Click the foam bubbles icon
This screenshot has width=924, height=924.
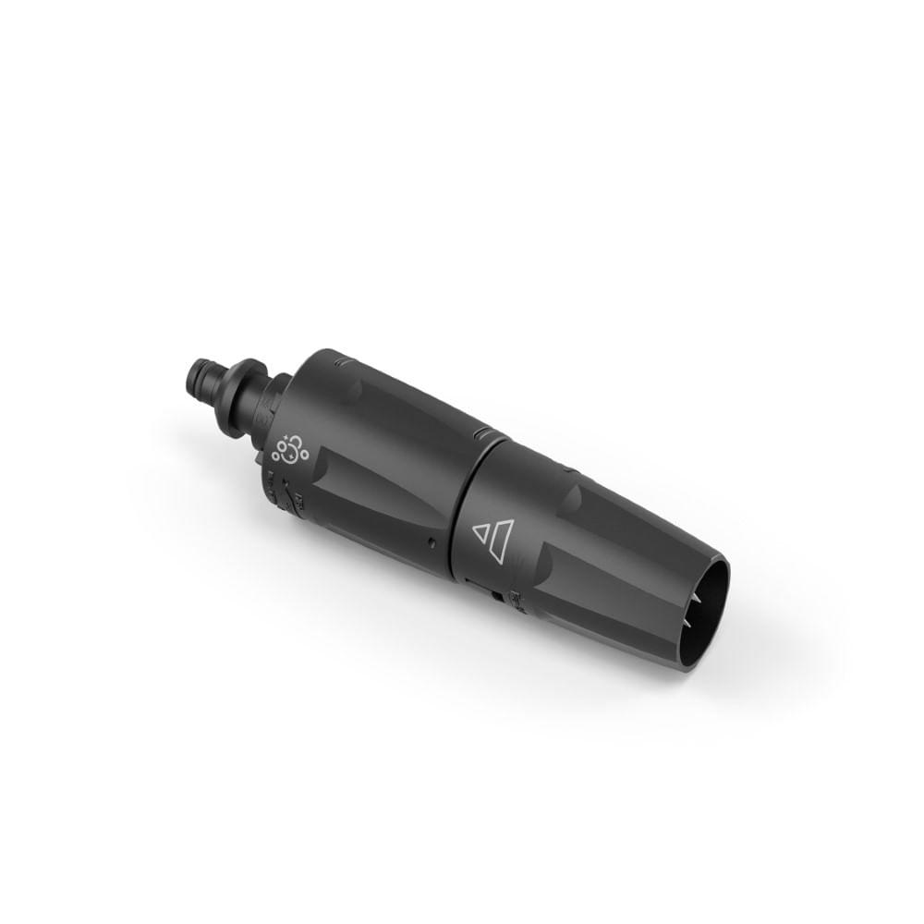click(289, 446)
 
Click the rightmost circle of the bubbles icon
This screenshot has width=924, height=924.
click(304, 452)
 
